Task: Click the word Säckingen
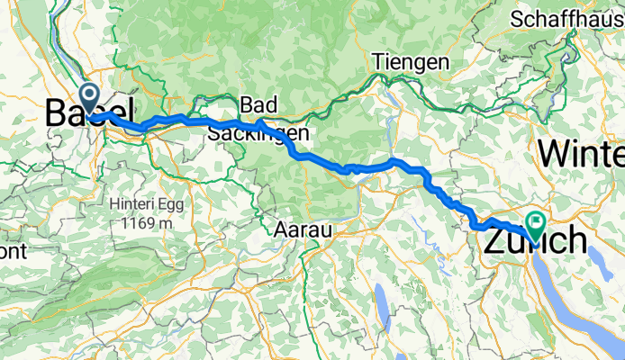pos(259,133)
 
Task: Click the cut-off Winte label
pos(581,153)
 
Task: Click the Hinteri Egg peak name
pos(145,202)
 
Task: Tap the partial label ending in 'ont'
pos(13,253)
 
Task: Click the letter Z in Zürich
pos(500,241)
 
